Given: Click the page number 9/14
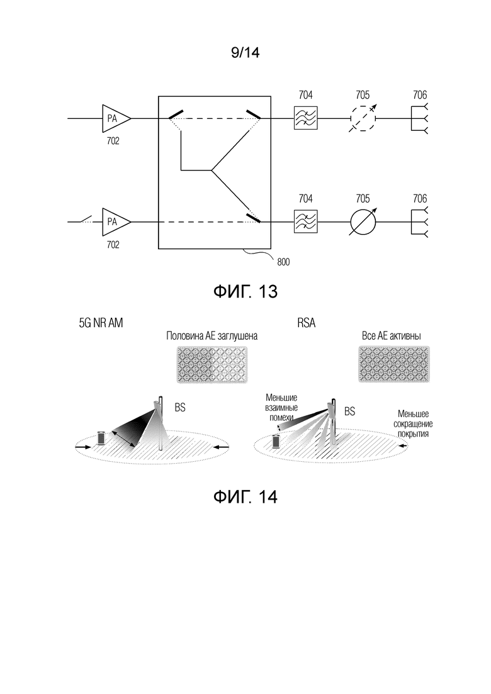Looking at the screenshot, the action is pos(245,53).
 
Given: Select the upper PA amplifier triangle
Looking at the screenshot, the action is pos(116,118).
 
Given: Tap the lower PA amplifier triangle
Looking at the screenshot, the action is pos(116,221).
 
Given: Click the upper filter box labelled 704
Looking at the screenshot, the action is pos(306,118).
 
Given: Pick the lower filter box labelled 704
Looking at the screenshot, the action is pos(306,221).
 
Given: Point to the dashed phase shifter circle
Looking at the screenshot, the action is pos(362,118).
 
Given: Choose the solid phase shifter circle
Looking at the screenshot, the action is pos(363,221).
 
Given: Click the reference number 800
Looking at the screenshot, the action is pos(283,262).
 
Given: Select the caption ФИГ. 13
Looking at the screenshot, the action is pos(245,291).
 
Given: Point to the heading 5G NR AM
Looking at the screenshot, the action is pos(101,323).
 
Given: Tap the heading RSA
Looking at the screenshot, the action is pos(307,323).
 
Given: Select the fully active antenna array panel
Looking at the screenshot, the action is pos(394,364).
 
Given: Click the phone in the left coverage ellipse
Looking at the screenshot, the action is pos(102,438).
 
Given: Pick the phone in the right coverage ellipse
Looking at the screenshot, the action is pos(277,441).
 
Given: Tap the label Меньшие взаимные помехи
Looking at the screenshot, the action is pos(281,408).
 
